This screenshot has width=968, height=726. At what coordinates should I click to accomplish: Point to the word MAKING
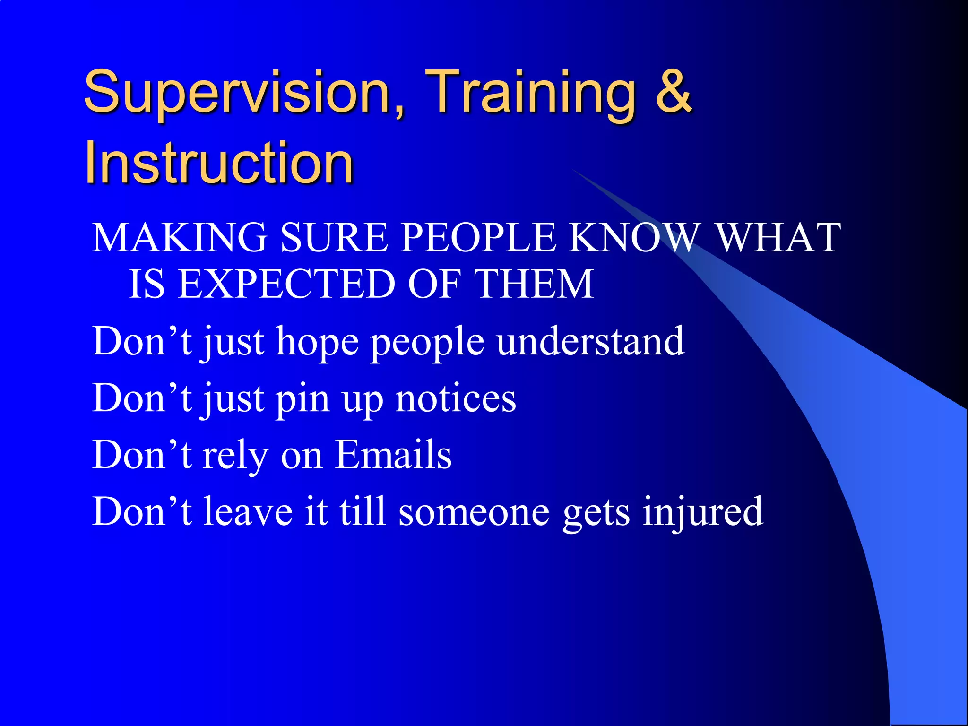180,237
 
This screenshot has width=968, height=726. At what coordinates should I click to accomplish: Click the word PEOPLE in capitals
478,237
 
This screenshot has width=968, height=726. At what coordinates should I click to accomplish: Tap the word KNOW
634,237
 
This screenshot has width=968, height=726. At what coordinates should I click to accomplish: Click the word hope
317,342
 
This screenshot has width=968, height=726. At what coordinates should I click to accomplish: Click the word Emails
393,455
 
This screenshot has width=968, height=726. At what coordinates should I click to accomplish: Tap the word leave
248,511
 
